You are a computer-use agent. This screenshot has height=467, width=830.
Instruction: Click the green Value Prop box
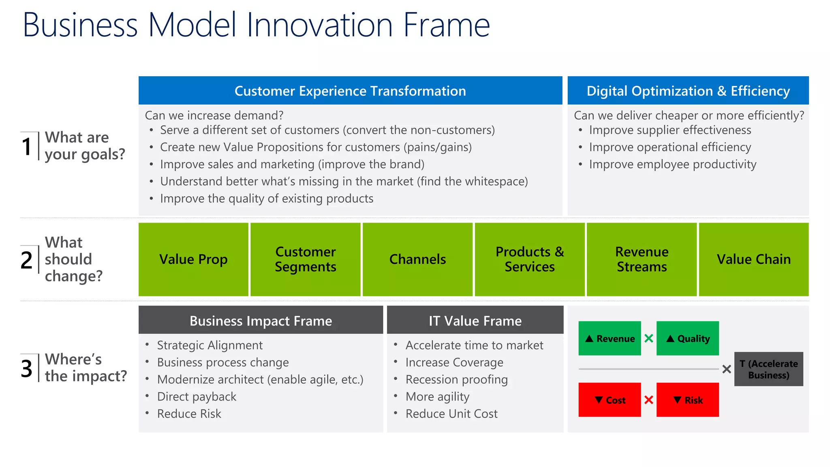click(x=193, y=259)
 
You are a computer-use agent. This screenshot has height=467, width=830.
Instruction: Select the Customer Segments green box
click(x=305, y=259)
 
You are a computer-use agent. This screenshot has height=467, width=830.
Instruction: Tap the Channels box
click(x=417, y=259)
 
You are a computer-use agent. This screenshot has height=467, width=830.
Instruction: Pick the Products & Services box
click(x=530, y=259)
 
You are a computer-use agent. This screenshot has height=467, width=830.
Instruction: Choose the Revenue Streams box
click(x=642, y=259)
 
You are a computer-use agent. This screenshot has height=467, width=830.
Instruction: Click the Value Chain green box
click(x=754, y=259)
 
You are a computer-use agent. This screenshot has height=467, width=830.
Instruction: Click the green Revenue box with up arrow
click(x=610, y=338)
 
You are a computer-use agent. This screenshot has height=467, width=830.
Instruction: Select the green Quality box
click(x=687, y=338)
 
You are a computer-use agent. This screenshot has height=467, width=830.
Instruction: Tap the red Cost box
click(x=610, y=400)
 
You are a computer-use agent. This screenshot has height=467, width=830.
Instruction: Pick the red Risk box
click(x=687, y=400)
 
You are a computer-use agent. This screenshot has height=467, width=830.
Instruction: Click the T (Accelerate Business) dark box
click(x=768, y=369)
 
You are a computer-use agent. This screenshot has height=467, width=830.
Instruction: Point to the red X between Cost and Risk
click(x=649, y=400)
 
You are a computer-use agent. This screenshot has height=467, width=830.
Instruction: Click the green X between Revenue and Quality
click(x=649, y=338)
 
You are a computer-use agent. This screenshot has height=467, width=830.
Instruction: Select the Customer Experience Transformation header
click(x=350, y=91)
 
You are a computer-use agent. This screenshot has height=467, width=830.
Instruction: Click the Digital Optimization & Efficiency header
click(x=688, y=91)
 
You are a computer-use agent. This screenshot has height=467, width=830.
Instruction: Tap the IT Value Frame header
click(x=475, y=321)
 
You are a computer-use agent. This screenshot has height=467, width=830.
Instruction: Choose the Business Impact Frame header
click(x=261, y=321)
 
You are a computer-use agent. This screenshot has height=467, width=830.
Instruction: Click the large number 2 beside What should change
click(x=27, y=260)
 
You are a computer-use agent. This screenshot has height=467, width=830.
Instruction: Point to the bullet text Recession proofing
click(x=456, y=380)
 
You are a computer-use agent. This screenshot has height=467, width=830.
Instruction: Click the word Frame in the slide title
click(x=447, y=25)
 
